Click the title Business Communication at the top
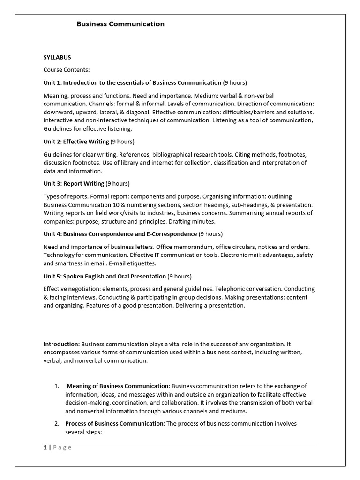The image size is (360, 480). pyautogui.click(x=120, y=24)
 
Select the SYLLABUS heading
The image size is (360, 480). pyautogui.click(x=57, y=57)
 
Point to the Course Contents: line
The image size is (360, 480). pyautogui.click(x=66, y=70)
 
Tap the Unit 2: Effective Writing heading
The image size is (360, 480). pyautogui.click(x=76, y=141)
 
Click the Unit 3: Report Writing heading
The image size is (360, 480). pyautogui.click(x=74, y=183)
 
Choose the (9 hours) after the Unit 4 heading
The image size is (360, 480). pyautogui.click(x=210, y=233)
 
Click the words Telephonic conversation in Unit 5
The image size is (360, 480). pyautogui.click(x=255, y=289)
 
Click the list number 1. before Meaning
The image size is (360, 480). pyautogui.click(x=56, y=386)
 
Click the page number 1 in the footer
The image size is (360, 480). pyautogui.click(x=45, y=447)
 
